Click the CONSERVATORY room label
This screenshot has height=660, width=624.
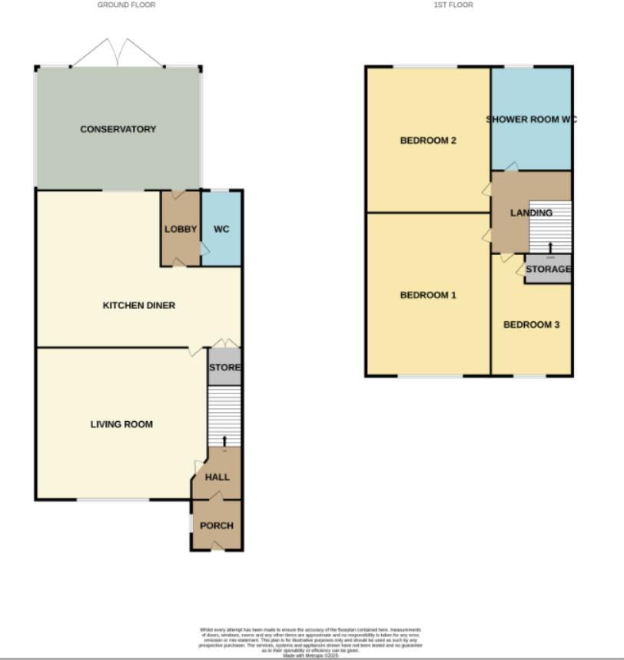click(118, 129)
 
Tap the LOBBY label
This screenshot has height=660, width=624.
click(181, 229)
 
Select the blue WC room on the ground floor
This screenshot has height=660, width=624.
click(221, 229)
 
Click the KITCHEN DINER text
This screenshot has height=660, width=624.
click(139, 305)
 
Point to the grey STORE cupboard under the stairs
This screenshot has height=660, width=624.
click(224, 368)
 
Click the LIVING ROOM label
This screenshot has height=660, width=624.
click(121, 424)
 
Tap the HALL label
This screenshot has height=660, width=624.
click(217, 477)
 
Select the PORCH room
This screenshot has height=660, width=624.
click(217, 526)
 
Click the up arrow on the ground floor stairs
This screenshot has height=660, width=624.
click(224, 440)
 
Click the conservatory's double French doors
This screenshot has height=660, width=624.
click(117, 53)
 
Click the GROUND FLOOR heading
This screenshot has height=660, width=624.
click(126, 5)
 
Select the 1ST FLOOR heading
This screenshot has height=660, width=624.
click(453, 5)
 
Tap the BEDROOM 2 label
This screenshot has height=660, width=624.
click(429, 141)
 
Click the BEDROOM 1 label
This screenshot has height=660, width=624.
click(428, 295)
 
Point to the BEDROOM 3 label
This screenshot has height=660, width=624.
click(531, 325)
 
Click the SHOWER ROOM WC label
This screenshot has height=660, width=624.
click(531, 119)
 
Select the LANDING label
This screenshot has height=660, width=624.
click(531, 213)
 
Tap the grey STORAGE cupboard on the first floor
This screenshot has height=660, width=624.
click(548, 270)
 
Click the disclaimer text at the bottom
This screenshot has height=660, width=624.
click(310, 642)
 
